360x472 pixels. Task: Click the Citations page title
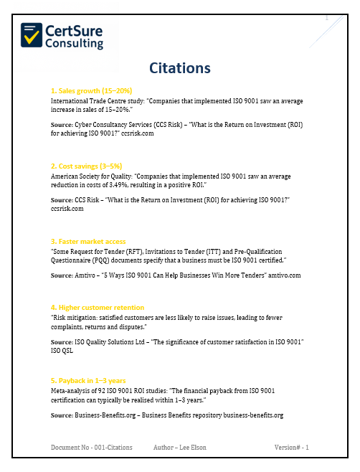coord(179,68)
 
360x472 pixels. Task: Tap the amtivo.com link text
coord(283,274)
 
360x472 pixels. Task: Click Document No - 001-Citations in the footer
coord(92,448)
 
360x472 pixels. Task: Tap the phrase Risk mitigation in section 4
coord(76,316)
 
